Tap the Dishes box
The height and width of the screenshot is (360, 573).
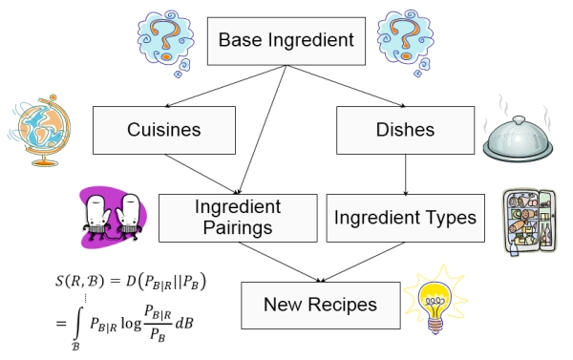pyautogui.click(x=405, y=128)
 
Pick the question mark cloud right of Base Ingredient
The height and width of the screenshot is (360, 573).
pyautogui.click(x=407, y=37)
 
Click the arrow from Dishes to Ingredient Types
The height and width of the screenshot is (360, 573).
pyautogui.click(x=407, y=174)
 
